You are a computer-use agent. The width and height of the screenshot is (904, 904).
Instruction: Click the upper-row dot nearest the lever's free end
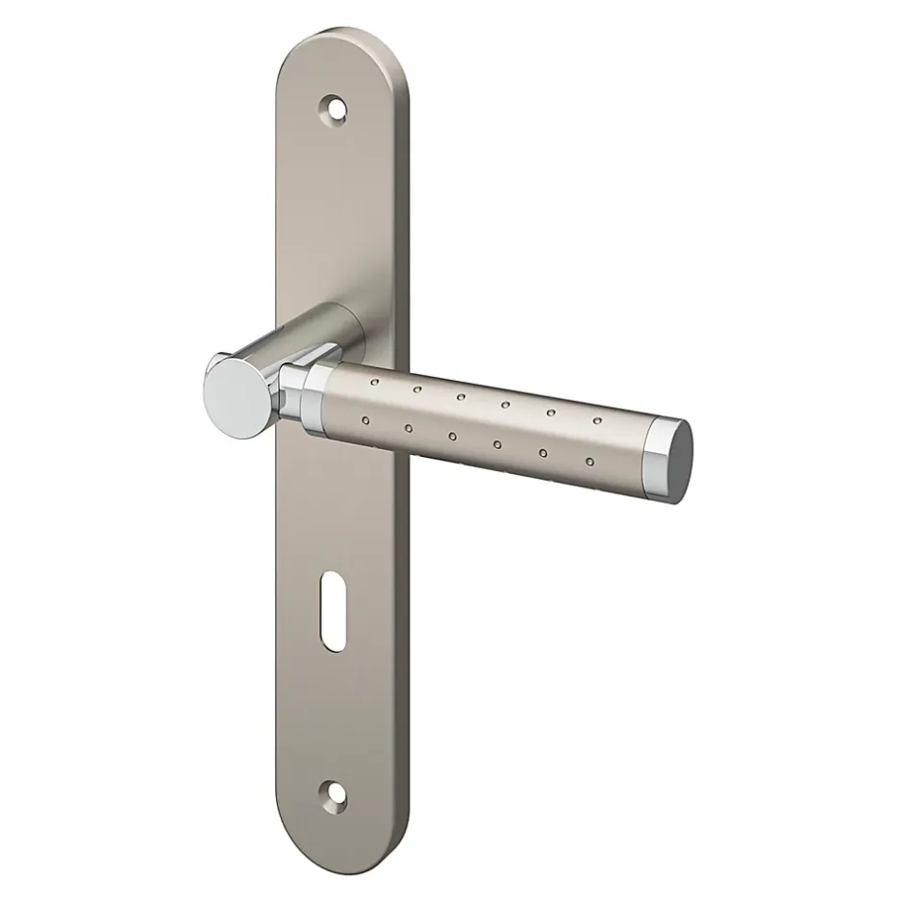596,419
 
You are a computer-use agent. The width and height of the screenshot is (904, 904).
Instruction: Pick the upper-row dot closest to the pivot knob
374,383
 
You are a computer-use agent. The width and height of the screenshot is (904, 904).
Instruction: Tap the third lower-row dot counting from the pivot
452,436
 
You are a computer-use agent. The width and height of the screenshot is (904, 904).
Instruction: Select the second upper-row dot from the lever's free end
551,413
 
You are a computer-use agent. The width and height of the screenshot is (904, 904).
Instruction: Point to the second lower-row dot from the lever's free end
541,452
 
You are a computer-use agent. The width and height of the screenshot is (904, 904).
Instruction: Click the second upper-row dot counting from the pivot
418,389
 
